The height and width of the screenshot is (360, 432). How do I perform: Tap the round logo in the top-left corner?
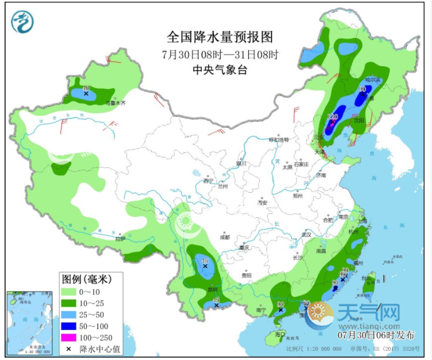pos(22,22)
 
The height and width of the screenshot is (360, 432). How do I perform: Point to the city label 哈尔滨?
pos(373,80)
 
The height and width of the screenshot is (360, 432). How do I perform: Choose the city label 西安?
pos(263,202)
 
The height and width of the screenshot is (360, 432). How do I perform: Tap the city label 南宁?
pos(261,310)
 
